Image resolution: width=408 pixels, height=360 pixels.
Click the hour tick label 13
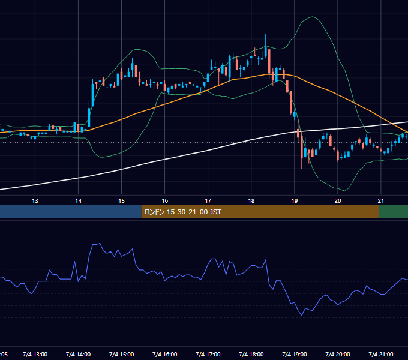click(x=35, y=201)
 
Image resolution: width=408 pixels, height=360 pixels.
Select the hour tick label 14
click(x=79, y=201)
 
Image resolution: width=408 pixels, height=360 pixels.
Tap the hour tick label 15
click(x=122, y=201)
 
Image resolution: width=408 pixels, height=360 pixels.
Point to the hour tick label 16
click(x=165, y=201)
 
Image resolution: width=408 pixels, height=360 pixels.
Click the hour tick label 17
click(x=208, y=201)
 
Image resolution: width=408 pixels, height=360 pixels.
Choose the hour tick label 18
click(x=251, y=201)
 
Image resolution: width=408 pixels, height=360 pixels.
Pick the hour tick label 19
click(x=294, y=201)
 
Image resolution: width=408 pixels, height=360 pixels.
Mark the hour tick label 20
click(x=337, y=201)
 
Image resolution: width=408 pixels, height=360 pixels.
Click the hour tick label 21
click(x=380, y=201)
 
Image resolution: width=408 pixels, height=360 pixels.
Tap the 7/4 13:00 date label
click(x=35, y=354)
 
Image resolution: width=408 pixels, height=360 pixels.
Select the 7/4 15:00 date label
click(x=122, y=354)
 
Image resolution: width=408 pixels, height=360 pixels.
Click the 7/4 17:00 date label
click(x=208, y=354)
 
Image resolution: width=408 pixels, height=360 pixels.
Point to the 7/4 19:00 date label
click(x=294, y=354)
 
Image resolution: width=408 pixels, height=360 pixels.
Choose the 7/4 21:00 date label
click(x=380, y=354)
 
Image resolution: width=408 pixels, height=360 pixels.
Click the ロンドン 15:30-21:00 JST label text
click(x=182, y=212)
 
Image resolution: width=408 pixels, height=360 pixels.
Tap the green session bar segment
click(x=394, y=212)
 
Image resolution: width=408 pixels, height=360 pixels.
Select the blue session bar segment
click(x=71, y=212)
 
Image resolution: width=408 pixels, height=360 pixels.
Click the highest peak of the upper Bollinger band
click(x=312, y=17)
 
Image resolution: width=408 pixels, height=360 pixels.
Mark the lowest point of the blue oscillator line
click(x=302, y=316)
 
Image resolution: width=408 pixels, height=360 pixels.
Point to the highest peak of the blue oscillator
click(x=100, y=244)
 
